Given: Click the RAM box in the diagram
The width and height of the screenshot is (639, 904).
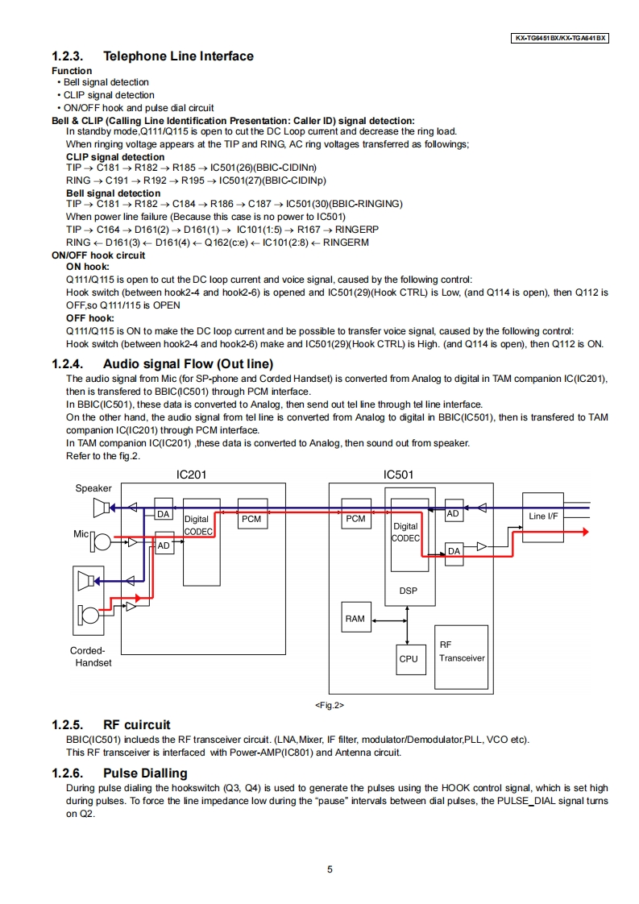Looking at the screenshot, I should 355,619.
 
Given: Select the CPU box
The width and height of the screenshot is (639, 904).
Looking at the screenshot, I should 409,658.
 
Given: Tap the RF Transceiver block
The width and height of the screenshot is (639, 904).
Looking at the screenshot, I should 462,652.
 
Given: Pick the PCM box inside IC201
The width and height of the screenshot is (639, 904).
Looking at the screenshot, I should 251,519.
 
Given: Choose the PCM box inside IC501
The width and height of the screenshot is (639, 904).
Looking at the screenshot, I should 355,519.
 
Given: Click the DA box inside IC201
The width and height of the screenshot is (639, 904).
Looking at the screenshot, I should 164,513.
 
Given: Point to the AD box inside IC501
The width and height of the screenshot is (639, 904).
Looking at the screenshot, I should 453,513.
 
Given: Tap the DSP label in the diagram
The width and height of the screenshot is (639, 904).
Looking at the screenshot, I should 409,591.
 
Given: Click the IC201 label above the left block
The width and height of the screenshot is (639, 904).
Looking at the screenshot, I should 191,475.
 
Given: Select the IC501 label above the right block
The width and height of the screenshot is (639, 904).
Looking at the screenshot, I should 398,475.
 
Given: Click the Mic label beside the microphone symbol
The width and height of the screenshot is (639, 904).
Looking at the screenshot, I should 81,533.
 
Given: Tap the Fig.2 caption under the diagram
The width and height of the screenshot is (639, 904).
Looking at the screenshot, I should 329,705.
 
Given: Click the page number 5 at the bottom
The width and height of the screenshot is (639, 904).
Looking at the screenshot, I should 330,869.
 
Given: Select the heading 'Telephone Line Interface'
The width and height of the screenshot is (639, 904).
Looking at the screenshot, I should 178,56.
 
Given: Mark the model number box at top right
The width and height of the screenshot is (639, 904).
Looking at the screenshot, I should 560,38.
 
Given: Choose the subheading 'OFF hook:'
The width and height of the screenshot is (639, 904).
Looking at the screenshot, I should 89,318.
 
